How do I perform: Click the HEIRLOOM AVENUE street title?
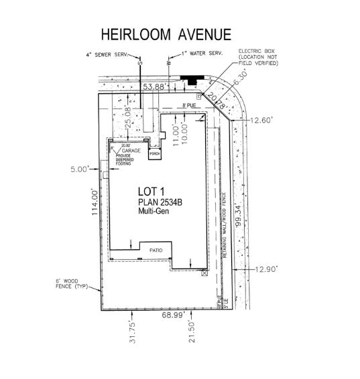click(166, 35)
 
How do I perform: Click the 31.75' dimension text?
click(133, 333)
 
